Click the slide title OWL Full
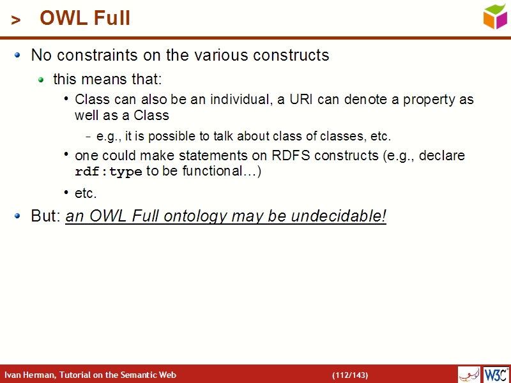(x=85, y=19)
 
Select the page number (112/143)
(x=350, y=375)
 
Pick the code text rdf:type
(x=109, y=172)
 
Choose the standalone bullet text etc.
(x=86, y=193)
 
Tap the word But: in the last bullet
(x=46, y=216)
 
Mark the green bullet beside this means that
(x=42, y=80)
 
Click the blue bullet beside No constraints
(x=19, y=55)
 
